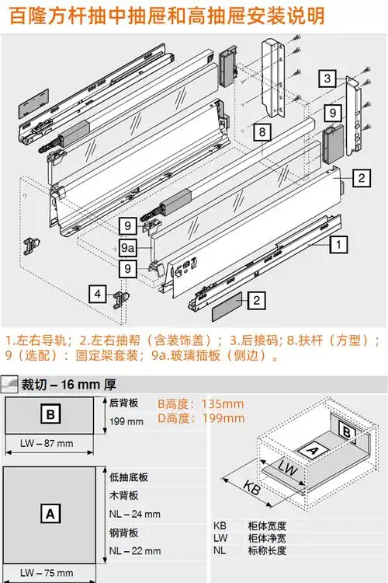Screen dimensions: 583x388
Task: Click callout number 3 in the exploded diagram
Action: coord(328,79)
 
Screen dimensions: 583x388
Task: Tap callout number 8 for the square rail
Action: coord(262,131)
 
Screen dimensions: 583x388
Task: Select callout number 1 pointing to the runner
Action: coord(339,243)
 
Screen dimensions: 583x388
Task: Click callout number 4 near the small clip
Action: coord(97,294)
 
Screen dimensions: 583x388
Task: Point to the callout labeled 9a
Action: coord(129,247)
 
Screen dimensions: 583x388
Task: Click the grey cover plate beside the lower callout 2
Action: coord(230,303)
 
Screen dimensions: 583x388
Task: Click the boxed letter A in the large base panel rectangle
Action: coord(50,513)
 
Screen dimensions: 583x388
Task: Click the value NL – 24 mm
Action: coord(131,514)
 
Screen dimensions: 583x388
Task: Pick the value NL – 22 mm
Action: coord(131,551)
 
